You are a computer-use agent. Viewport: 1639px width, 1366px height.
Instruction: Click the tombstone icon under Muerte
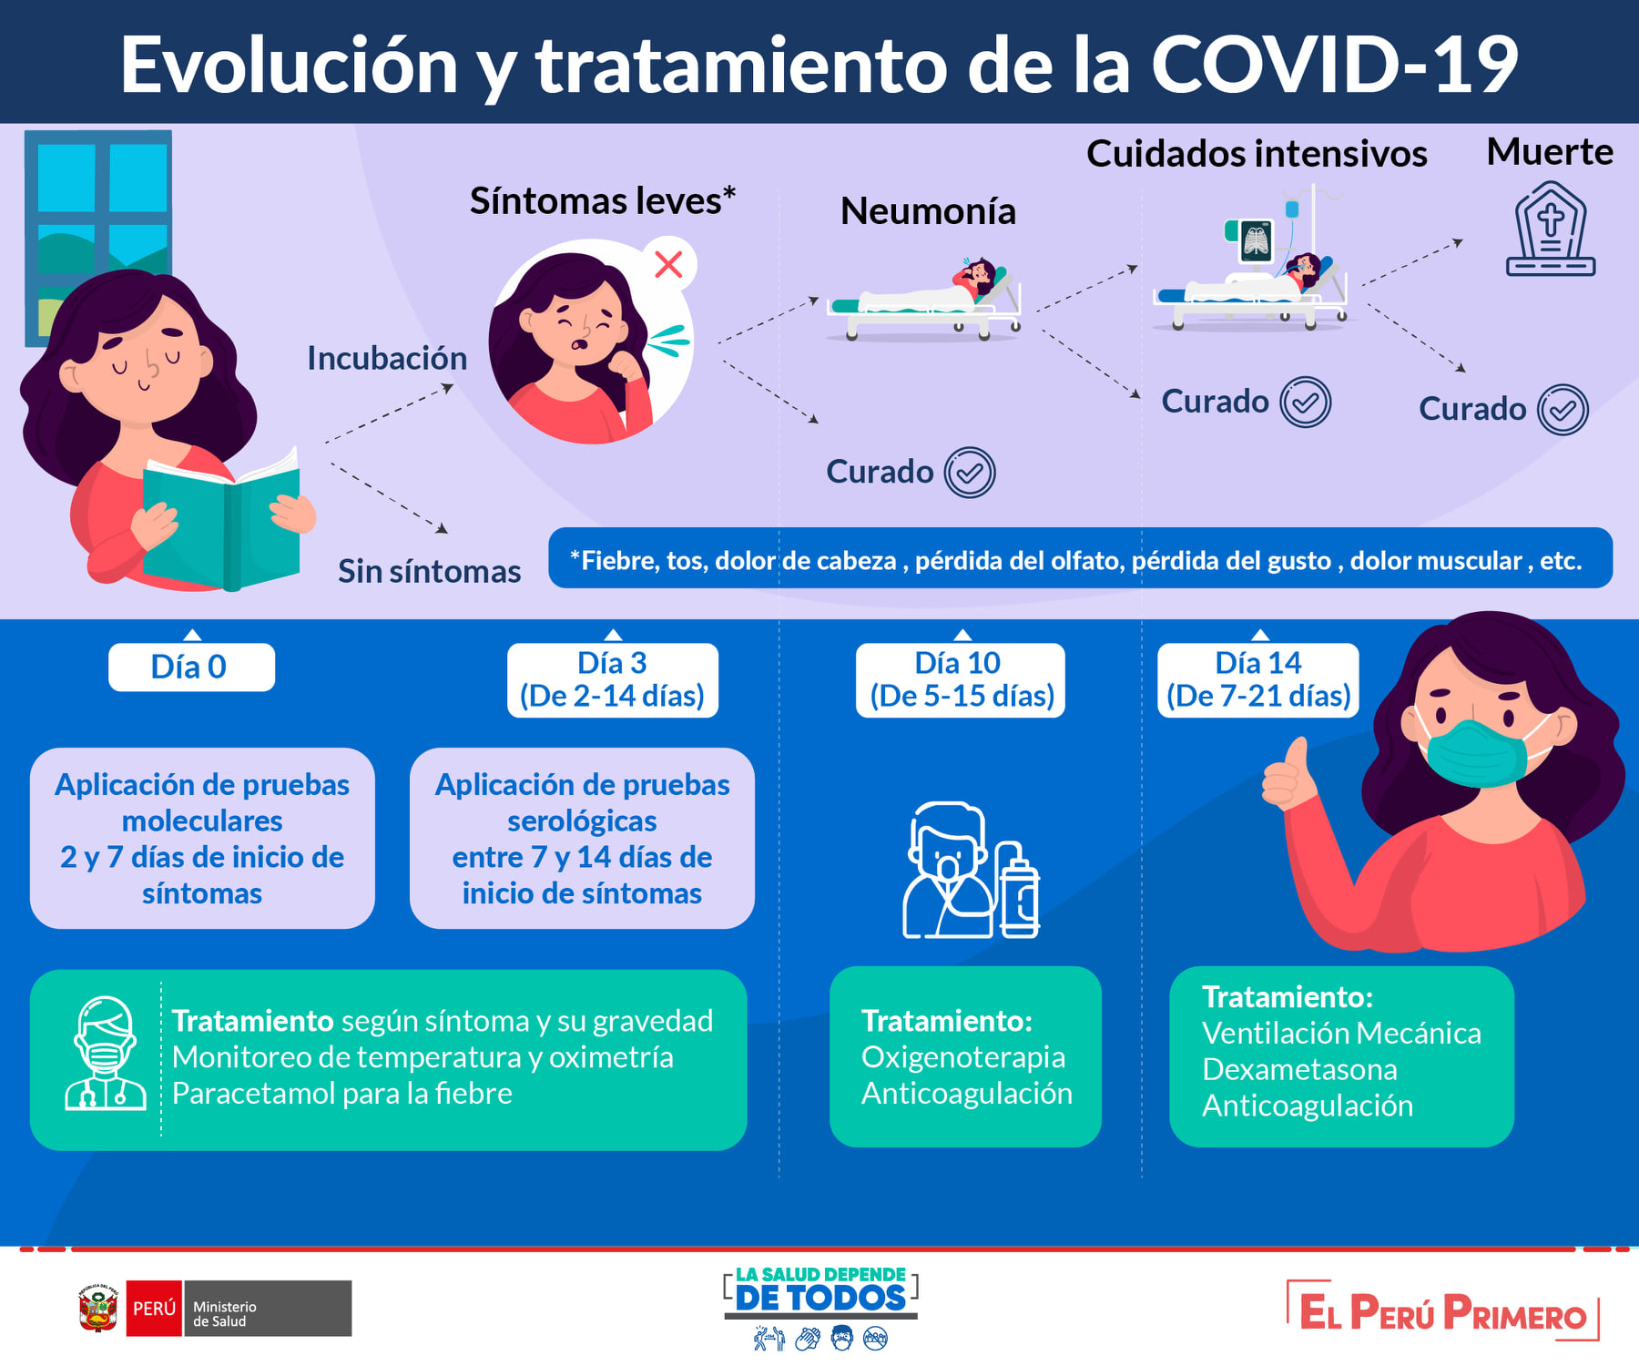1551,229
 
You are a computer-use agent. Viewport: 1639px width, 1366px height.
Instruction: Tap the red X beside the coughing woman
669,265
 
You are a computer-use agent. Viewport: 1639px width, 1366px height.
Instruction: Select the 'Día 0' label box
191,667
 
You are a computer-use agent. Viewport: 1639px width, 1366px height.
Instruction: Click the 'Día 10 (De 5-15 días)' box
960,679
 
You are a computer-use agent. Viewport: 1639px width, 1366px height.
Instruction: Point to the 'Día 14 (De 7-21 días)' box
1258,679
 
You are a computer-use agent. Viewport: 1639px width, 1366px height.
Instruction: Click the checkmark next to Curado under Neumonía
970,473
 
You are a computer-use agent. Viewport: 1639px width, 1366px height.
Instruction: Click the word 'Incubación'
387,358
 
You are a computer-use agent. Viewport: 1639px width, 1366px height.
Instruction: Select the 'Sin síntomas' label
429,571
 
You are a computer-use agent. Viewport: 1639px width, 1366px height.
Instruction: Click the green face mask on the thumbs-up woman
1475,752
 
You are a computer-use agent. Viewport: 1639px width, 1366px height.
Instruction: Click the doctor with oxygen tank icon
971,870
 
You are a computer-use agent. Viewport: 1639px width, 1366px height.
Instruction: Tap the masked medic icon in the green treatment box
106,1053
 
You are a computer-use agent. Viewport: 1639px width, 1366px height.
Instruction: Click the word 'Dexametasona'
1299,1069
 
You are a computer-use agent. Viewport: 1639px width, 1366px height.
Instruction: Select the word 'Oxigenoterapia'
963,1057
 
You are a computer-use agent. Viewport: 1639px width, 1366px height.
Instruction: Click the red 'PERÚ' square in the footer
154,1309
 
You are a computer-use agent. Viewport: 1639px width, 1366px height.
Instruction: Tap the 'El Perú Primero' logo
1443,1311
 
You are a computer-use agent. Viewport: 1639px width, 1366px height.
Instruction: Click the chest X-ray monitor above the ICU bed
1256,241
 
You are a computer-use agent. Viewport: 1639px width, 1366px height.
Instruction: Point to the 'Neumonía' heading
928,211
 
